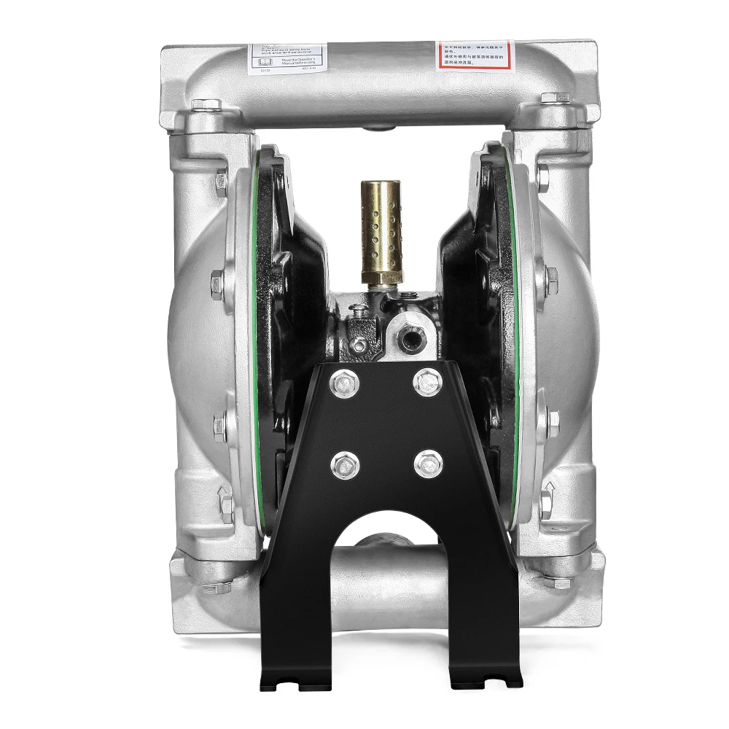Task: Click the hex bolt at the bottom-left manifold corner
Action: [x=217, y=586]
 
